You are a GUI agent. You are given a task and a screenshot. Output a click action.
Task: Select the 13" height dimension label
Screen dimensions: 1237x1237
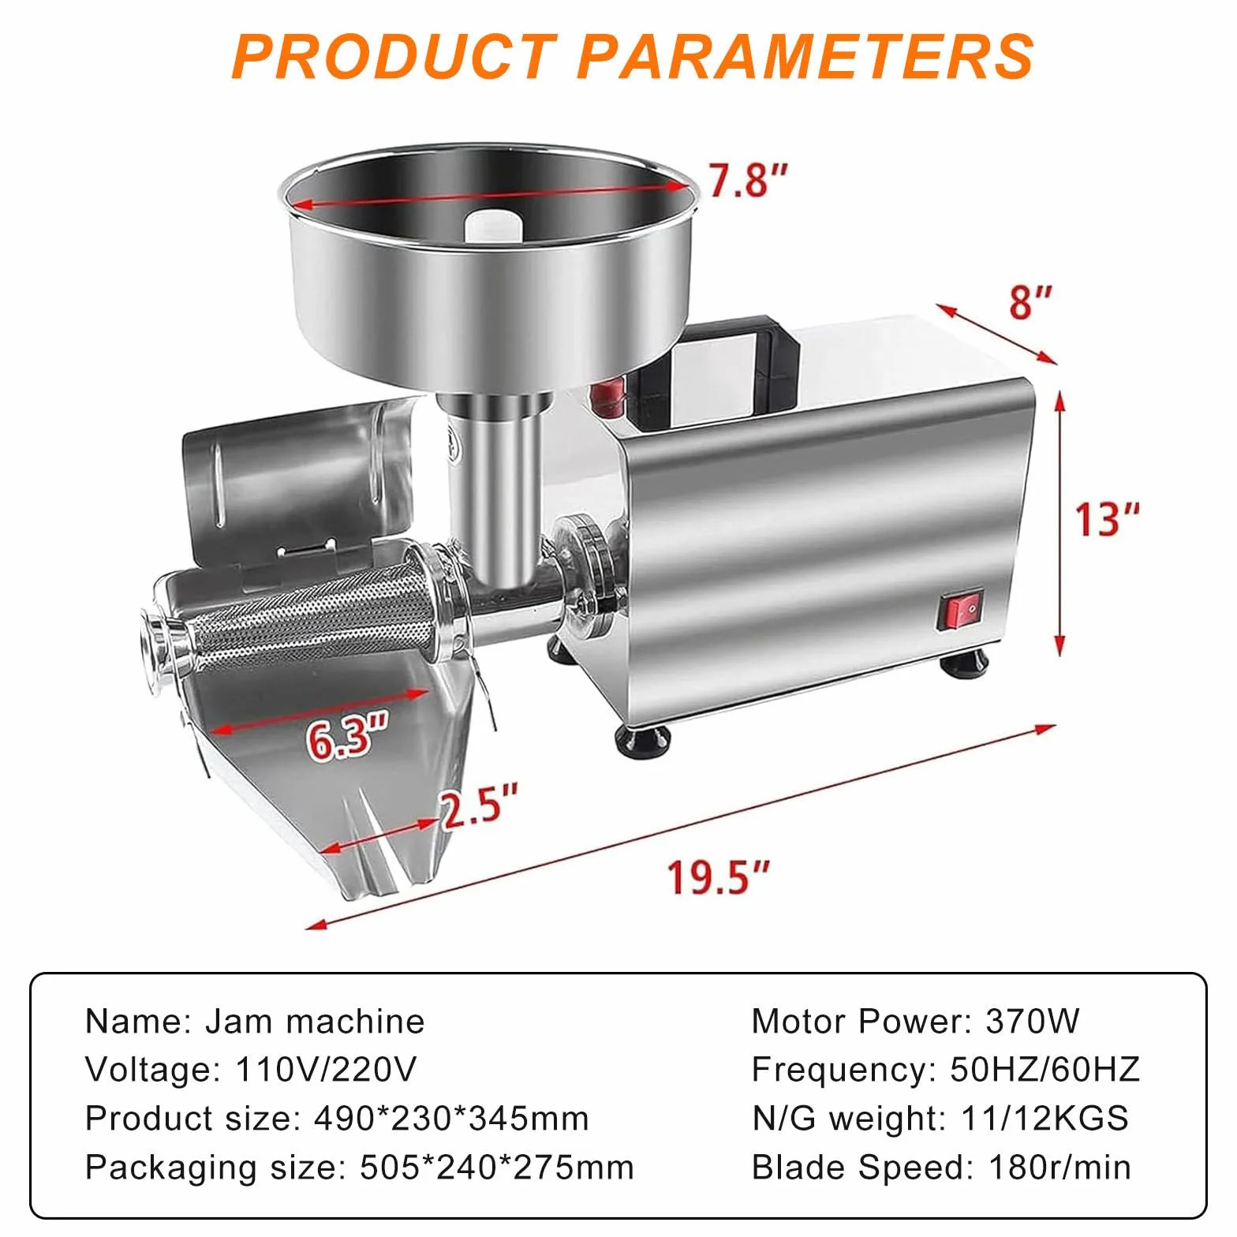click(x=1108, y=519)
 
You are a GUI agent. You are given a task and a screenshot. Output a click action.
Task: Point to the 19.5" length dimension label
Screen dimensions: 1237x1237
click(x=718, y=876)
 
